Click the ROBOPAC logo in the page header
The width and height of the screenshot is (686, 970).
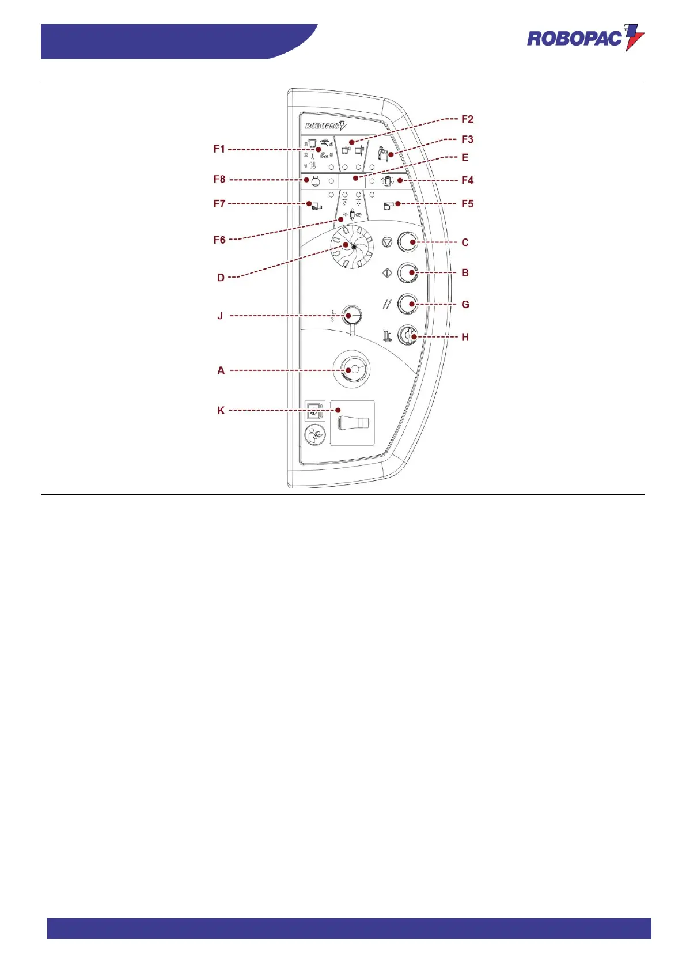[585, 38]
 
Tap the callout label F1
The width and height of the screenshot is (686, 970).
[219, 149]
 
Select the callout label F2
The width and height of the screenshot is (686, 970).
[467, 119]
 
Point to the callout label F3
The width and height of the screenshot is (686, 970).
[467, 139]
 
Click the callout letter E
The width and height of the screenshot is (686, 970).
[465, 157]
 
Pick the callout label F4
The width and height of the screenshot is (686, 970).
[467, 180]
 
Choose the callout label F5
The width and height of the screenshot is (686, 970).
[467, 204]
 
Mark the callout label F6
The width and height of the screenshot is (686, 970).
[219, 240]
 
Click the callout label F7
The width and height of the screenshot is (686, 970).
[219, 204]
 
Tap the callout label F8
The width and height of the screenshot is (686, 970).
[219, 180]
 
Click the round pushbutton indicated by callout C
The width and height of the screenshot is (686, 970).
[408, 242]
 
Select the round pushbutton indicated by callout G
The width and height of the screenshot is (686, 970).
[408, 304]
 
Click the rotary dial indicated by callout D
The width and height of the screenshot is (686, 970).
[351, 247]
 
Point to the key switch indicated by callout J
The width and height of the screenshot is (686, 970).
[351, 315]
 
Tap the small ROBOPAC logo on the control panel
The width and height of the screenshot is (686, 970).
[325, 126]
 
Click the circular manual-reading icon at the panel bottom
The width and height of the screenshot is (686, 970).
[314, 435]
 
